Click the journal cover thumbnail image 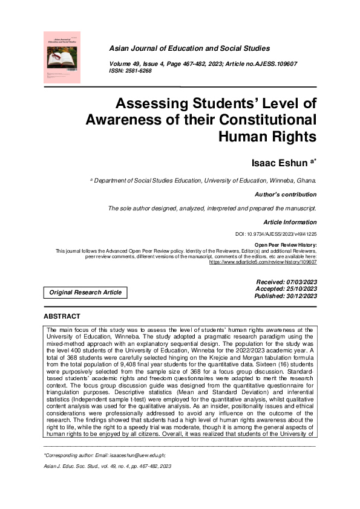click(62, 57)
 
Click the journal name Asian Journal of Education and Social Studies click(189, 48)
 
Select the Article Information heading click(290, 222)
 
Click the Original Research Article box click(85, 293)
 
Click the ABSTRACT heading click(62, 317)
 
